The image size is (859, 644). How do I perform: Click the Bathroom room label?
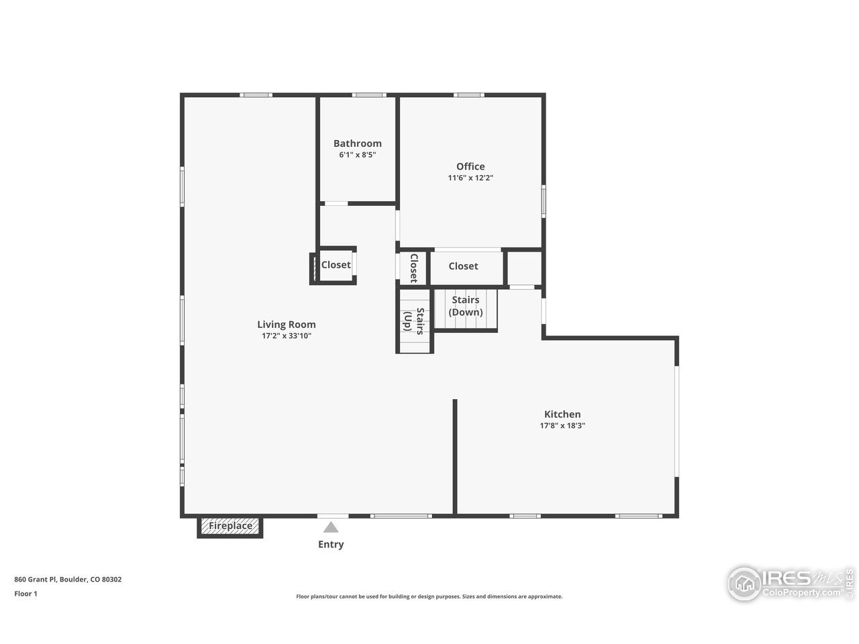pos(357,144)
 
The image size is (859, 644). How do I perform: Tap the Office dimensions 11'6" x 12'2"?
pos(470,178)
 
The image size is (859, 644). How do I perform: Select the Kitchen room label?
pos(562,415)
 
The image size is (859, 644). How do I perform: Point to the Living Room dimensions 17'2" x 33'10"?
pos(287,336)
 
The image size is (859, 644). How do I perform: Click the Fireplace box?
pos(230,526)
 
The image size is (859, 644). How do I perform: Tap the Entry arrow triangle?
pos(331,527)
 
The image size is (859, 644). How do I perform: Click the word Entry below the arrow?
pos(331,545)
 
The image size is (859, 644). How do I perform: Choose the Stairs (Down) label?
pos(466,307)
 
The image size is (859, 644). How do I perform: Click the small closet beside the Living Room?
pos(336,265)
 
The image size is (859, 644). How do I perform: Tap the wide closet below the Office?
pos(464,266)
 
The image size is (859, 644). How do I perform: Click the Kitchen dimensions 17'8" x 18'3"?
pos(562,426)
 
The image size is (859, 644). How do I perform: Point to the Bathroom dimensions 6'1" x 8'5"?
pos(357,155)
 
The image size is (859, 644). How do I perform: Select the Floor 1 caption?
pos(26,594)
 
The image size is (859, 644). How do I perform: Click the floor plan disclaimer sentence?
pos(429,596)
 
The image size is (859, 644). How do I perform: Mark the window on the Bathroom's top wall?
pos(370,95)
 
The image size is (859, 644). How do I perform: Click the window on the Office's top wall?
pos(469,95)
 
